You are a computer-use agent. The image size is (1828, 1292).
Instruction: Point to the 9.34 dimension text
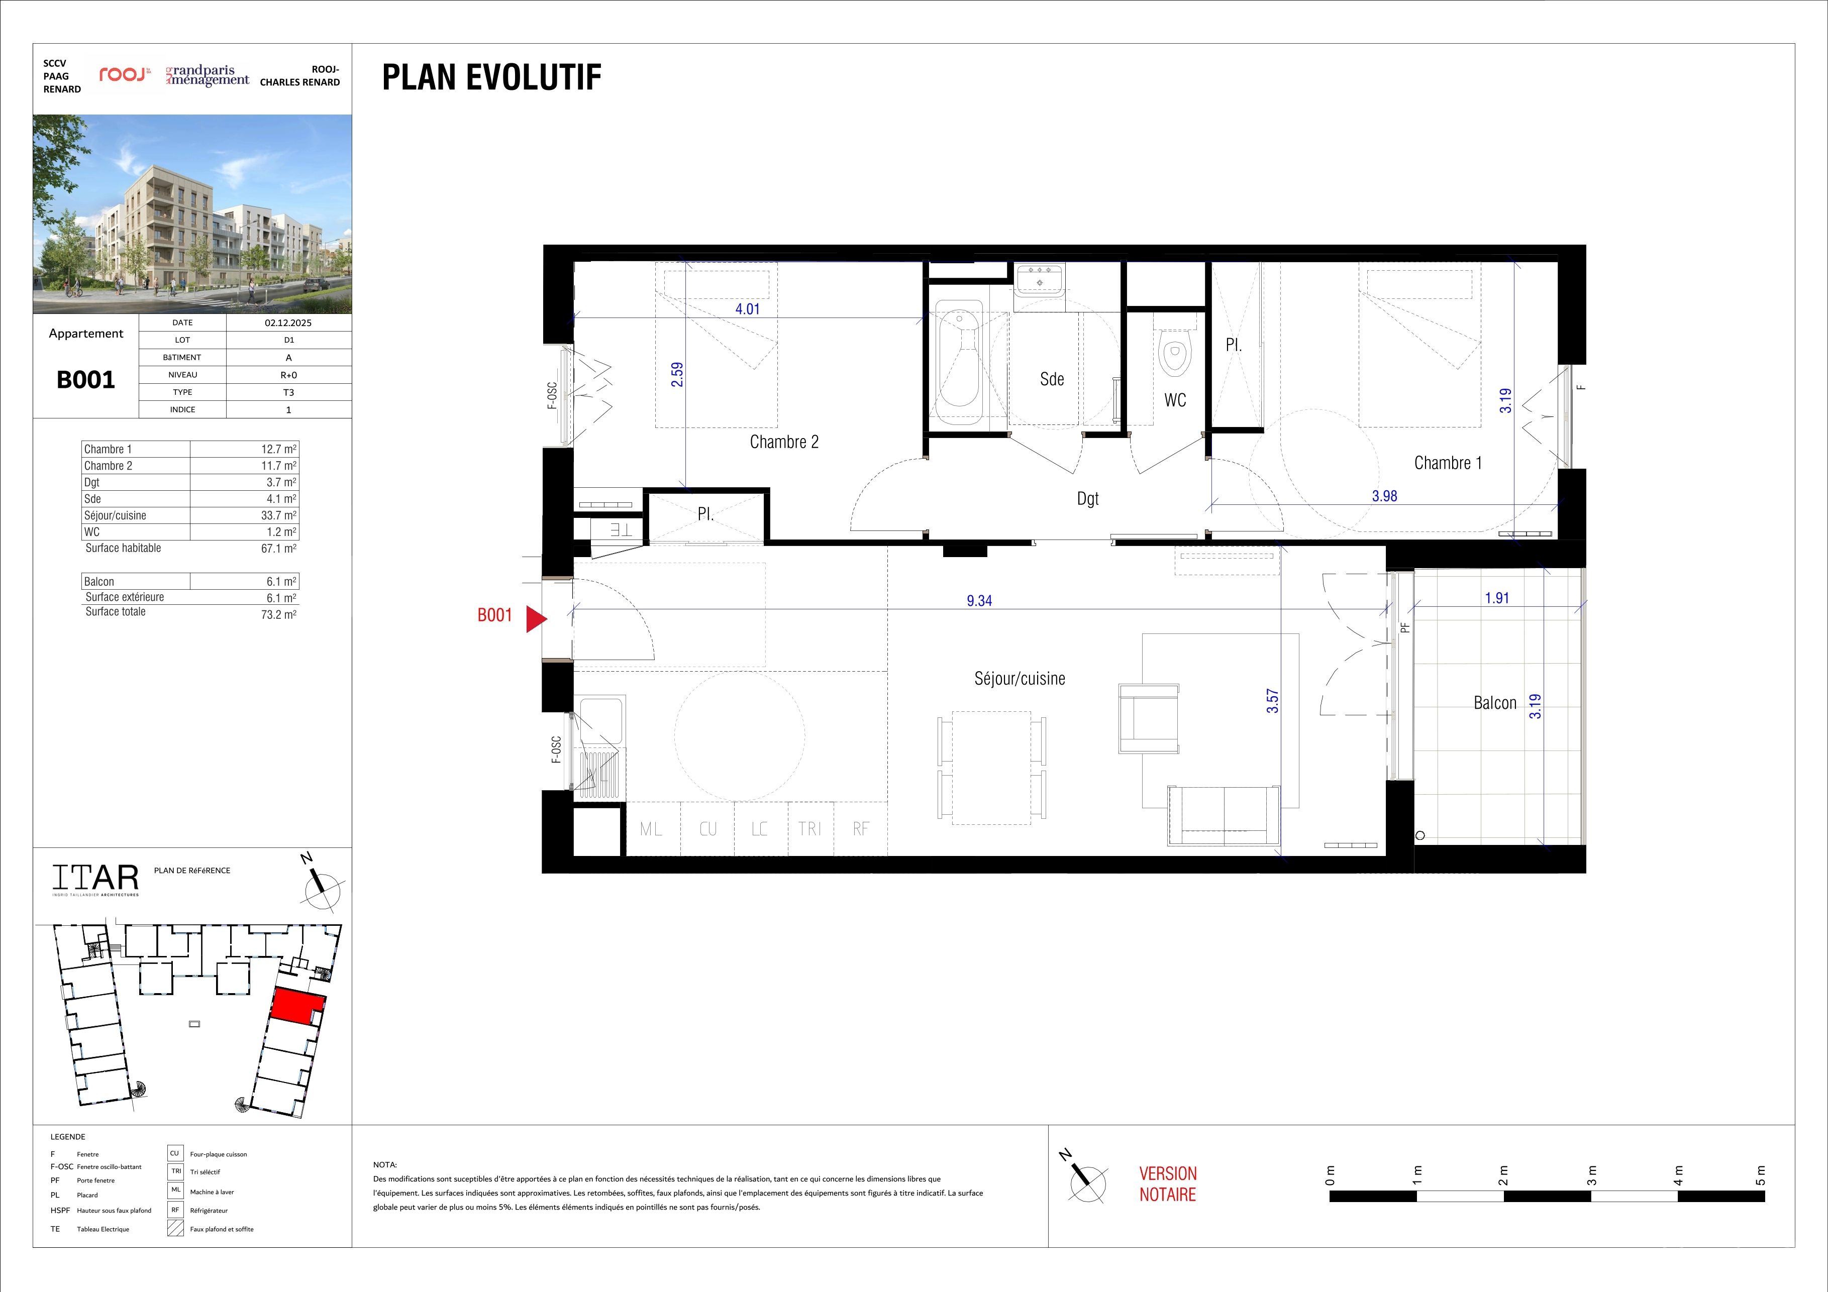click(979, 601)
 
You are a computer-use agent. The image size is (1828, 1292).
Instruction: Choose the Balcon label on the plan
click(1494, 703)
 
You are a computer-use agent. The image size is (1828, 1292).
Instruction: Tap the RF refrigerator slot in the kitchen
click(861, 829)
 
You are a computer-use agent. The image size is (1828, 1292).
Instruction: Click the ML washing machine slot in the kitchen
click(651, 829)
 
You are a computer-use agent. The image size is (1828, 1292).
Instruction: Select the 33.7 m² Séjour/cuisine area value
click(279, 515)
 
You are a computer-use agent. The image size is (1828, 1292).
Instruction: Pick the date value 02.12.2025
click(288, 323)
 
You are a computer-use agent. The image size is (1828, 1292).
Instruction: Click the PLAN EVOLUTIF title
click(491, 77)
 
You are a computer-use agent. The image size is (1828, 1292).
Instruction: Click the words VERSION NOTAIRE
click(1168, 1183)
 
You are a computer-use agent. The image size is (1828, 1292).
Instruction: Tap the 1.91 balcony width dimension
click(1497, 598)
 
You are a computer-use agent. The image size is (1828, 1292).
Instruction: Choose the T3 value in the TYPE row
click(288, 392)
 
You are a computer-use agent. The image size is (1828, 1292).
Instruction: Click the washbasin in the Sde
click(1039, 280)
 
